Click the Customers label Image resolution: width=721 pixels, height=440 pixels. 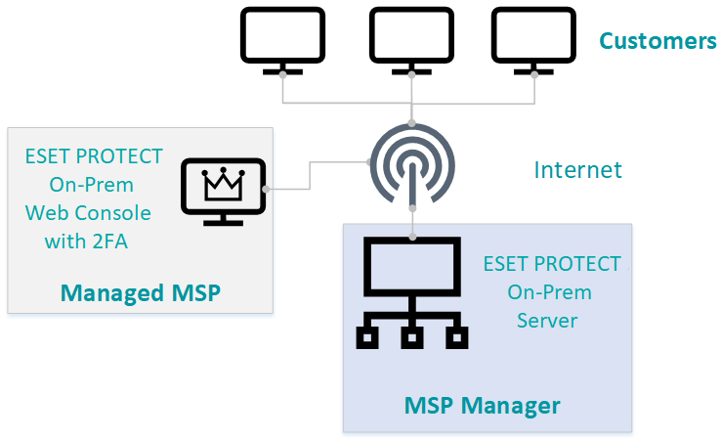click(657, 41)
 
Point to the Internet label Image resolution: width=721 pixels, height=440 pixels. click(577, 170)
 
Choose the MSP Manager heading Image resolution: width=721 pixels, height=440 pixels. click(483, 405)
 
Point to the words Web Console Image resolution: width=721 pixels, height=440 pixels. click(88, 212)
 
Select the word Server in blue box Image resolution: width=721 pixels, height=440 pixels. click(549, 321)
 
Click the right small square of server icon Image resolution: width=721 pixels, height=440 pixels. click(456, 337)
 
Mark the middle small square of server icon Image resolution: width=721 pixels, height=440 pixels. click(411, 337)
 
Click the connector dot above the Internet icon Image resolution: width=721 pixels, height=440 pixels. click(412, 124)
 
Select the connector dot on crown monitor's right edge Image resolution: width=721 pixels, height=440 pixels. click(266, 189)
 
